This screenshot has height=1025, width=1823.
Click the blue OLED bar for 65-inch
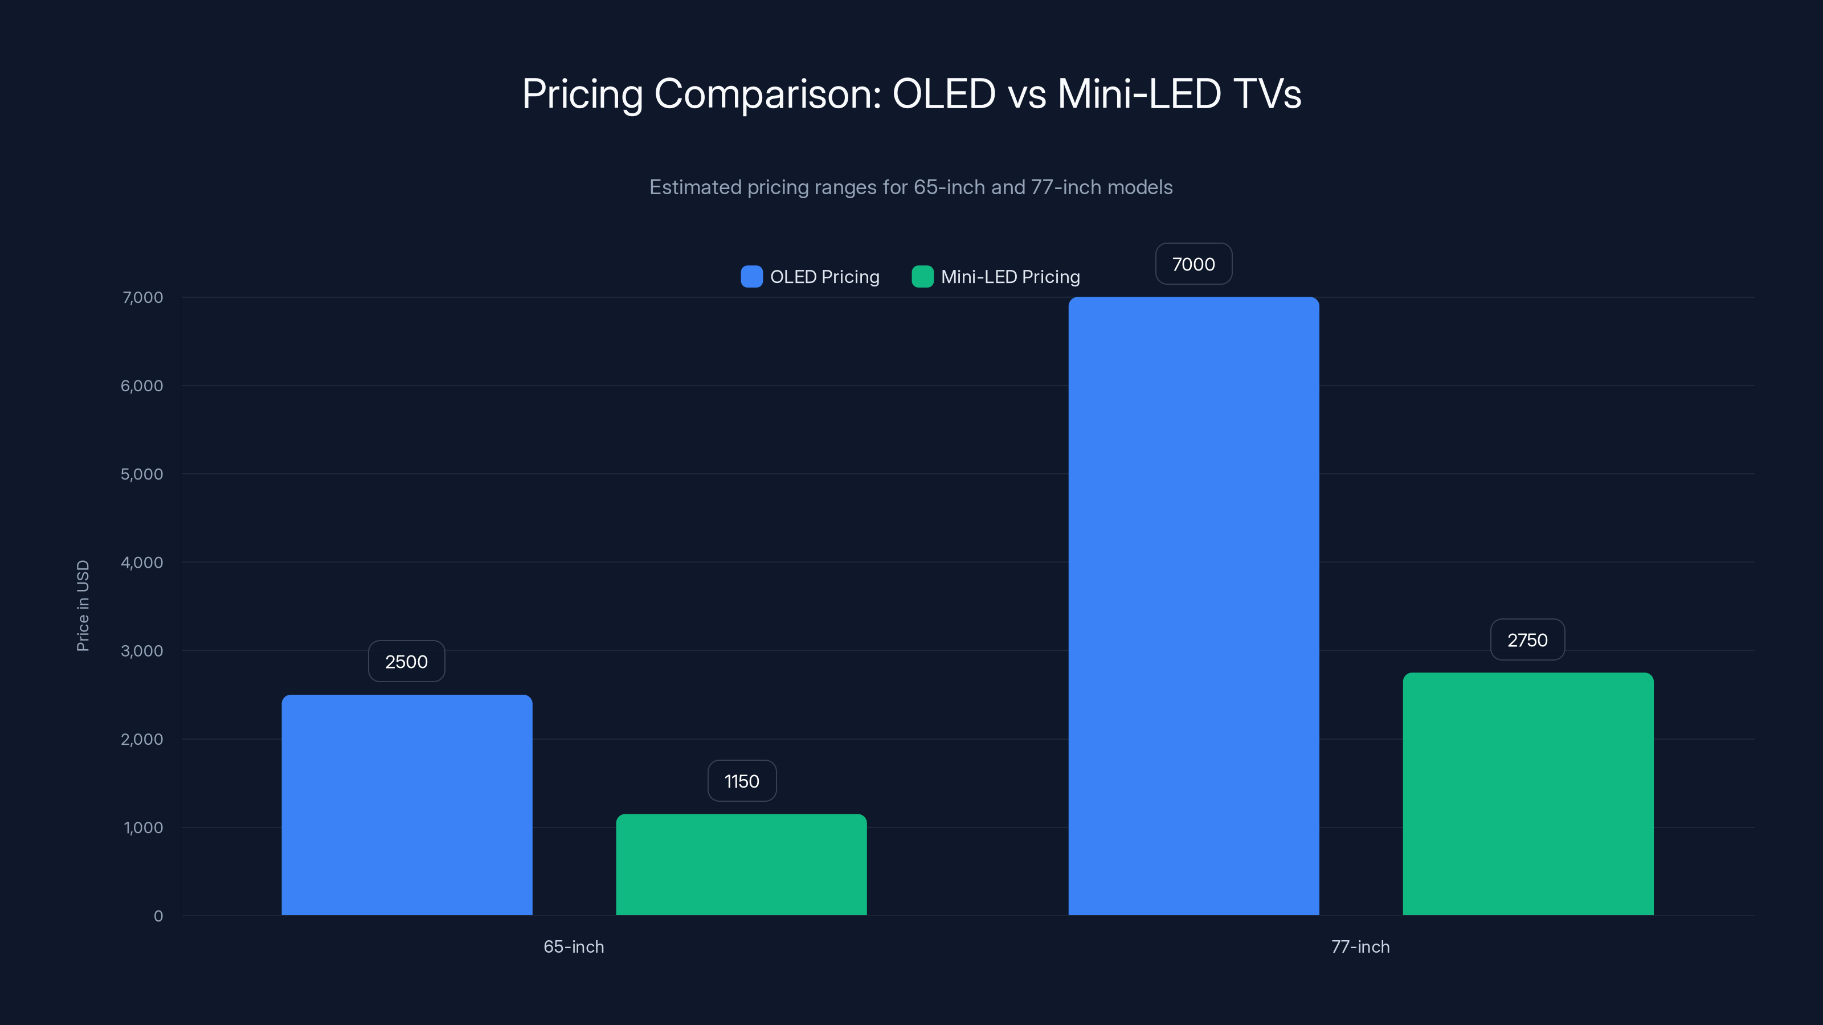407,805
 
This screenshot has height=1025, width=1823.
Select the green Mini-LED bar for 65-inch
741,864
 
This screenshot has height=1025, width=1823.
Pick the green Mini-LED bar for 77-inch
1528,794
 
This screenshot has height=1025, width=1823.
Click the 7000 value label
1193,264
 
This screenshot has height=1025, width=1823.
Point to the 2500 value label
406,661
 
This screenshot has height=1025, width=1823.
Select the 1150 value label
742,781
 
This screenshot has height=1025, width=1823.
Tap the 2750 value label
1527,640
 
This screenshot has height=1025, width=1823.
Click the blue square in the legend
751,277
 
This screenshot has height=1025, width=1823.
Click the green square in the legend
922,277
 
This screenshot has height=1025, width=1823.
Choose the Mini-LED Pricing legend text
1010,277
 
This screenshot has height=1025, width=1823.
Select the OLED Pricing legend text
824,277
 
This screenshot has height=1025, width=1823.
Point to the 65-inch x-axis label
573,946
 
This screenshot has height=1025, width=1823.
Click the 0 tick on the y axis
158,916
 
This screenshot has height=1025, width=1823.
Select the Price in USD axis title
83,605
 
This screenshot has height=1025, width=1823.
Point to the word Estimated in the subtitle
695,187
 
